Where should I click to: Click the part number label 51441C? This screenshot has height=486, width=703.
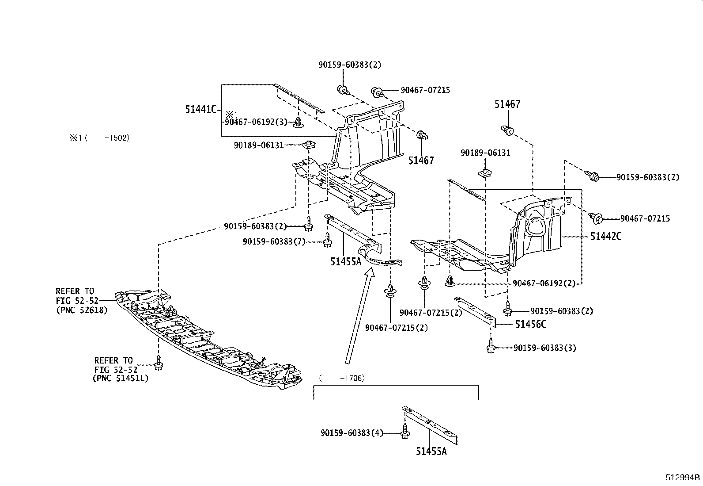(x=201, y=109)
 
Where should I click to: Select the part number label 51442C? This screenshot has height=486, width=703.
(x=605, y=237)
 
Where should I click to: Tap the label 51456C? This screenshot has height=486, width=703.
(x=530, y=324)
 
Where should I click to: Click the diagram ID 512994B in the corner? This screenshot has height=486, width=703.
(x=683, y=478)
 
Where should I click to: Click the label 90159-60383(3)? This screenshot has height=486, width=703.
(x=545, y=348)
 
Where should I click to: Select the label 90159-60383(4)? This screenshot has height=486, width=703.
(x=351, y=433)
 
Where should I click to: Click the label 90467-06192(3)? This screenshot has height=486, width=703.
(x=256, y=122)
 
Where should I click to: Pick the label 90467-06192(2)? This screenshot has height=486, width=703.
(x=544, y=283)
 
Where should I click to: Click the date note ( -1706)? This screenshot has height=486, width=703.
(x=341, y=378)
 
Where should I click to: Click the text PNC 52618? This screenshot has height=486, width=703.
(x=82, y=310)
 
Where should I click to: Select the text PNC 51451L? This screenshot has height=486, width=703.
(x=121, y=378)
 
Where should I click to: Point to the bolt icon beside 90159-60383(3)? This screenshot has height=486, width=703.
(x=490, y=347)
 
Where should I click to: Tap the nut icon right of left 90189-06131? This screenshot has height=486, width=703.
(x=308, y=144)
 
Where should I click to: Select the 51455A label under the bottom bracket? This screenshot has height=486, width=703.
(x=431, y=452)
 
